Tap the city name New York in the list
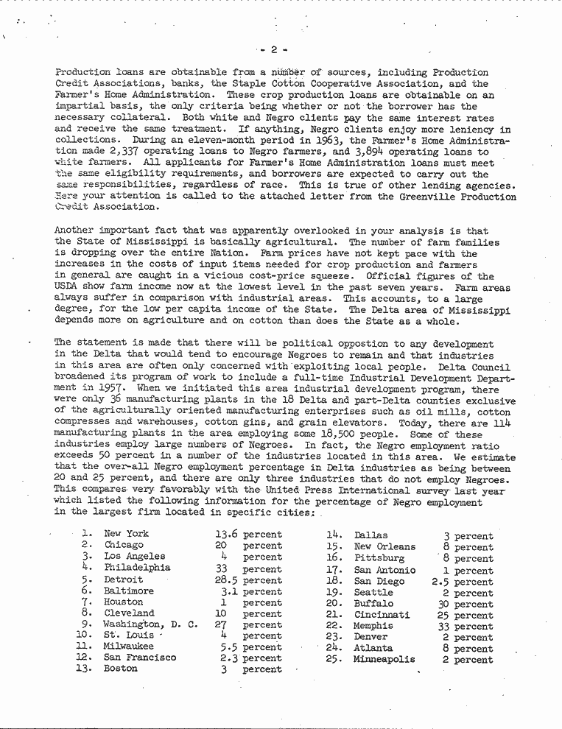click(x=126, y=534)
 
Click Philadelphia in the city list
click(x=137, y=568)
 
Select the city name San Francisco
click(x=140, y=658)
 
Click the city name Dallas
click(x=370, y=535)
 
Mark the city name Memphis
click(x=373, y=626)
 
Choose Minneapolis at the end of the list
click(x=384, y=660)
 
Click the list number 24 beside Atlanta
click(x=334, y=649)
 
